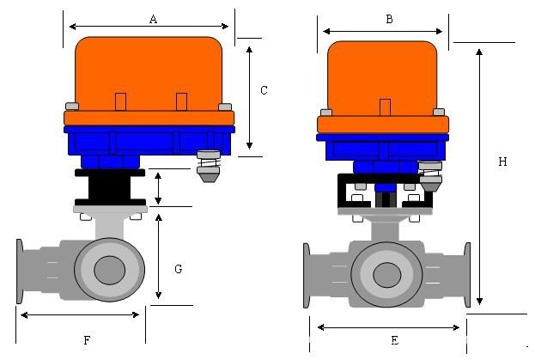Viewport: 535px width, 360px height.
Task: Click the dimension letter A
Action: (x=153, y=18)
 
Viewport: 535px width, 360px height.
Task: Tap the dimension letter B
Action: (x=389, y=18)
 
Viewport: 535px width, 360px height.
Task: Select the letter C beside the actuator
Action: (x=264, y=90)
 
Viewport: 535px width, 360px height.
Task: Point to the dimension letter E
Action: (x=394, y=340)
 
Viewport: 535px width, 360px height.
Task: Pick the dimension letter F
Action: (x=87, y=340)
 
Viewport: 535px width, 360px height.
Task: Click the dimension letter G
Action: (x=178, y=269)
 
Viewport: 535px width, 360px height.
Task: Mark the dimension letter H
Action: (x=502, y=161)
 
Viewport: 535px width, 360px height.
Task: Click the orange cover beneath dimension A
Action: (x=149, y=73)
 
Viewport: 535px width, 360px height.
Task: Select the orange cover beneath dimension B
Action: (x=383, y=77)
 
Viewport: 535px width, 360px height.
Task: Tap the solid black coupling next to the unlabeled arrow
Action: (x=110, y=186)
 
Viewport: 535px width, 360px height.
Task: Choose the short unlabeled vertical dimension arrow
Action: (x=158, y=188)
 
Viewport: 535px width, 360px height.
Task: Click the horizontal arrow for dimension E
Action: (x=388, y=326)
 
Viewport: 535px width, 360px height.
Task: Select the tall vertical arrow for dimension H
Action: (x=479, y=176)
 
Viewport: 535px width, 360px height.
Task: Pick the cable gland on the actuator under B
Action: (x=433, y=175)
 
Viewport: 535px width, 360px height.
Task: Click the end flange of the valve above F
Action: (x=19, y=271)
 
